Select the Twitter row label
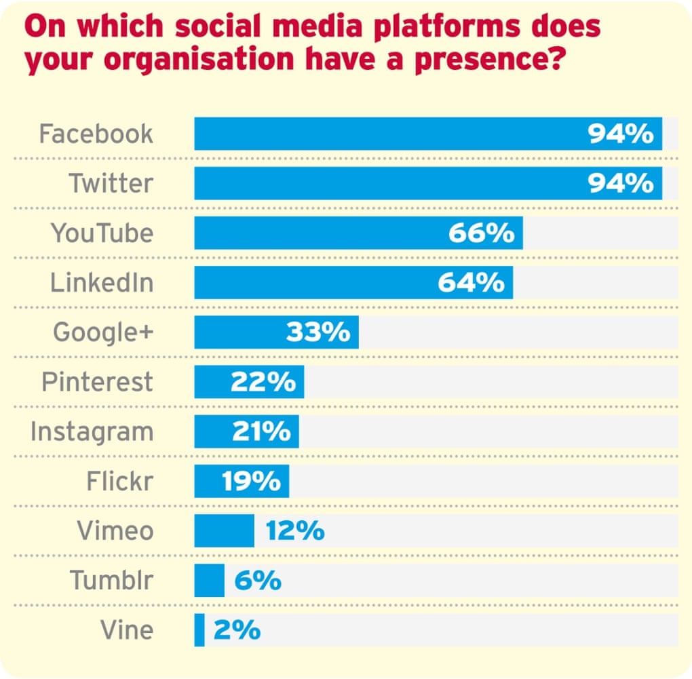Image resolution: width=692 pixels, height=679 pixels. coord(111,183)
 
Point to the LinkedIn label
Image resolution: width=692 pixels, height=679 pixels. coord(102,283)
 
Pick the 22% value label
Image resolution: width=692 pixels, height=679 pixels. coord(263,383)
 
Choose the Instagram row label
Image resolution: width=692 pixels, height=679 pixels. coord(92,432)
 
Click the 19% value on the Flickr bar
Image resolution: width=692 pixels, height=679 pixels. coord(251,482)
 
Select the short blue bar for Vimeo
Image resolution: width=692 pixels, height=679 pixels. coord(224,531)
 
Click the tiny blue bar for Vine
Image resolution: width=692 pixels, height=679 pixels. coord(199,630)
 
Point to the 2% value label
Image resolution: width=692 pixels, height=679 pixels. coord(237,630)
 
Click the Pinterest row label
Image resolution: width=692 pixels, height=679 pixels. coord(98,383)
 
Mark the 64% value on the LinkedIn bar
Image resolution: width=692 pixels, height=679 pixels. coord(471,283)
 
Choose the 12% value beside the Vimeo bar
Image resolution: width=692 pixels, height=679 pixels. coord(295,531)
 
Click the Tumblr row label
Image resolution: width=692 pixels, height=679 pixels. coord(111,581)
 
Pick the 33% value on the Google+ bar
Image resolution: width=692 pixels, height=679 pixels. coord(318,332)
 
